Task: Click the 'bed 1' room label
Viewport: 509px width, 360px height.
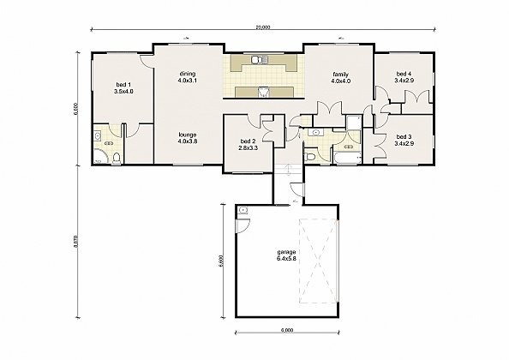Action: (x=123, y=85)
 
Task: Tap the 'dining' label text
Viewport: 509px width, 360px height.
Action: (x=188, y=75)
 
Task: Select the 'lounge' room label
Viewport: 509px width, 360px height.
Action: (x=188, y=135)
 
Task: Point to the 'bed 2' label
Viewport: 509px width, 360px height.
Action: (x=248, y=141)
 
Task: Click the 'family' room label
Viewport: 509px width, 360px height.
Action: (x=340, y=75)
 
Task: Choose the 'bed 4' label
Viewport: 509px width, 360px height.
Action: (x=404, y=75)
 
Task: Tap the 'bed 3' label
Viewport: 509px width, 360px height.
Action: (x=404, y=136)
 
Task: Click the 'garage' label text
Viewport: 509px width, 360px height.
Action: (x=286, y=252)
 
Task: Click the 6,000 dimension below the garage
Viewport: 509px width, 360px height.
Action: (x=286, y=330)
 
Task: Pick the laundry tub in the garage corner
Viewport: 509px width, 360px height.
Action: (x=243, y=210)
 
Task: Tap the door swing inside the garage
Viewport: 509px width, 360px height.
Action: (x=243, y=225)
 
